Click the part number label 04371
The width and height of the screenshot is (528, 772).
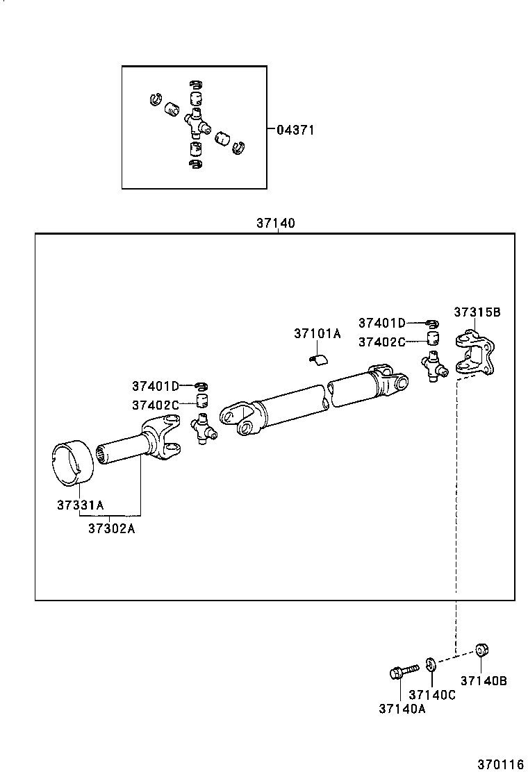click(x=295, y=130)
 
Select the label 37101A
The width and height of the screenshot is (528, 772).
click(x=317, y=333)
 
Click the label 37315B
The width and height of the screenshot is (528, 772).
click(x=477, y=312)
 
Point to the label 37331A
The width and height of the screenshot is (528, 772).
click(x=80, y=505)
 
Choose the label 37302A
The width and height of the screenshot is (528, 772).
click(x=111, y=528)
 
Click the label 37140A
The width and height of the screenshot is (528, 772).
click(x=402, y=708)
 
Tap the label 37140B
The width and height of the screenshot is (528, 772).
click(x=484, y=681)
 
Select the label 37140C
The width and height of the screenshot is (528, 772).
click(x=432, y=695)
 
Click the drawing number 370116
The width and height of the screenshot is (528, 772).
click(x=499, y=763)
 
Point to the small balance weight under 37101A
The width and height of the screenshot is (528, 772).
click(x=318, y=358)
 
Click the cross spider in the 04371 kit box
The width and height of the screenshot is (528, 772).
click(x=196, y=124)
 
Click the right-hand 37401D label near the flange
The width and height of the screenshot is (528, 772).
click(x=381, y=323)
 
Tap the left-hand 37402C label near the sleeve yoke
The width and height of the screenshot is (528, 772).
click(x=156, y=405)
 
